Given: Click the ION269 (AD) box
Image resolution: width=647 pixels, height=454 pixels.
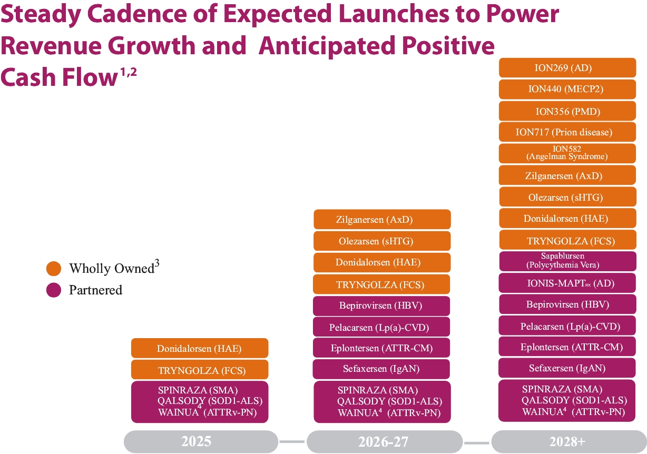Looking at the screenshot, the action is pyautogui.click(x=567, y=68).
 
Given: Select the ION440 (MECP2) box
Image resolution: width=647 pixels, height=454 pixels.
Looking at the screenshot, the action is pyautogui.click(x=567, y=90).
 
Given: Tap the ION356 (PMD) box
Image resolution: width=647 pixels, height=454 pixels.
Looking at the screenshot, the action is pyautogui.click(x=567, y=111).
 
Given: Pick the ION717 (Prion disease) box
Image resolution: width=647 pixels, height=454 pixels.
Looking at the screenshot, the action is pyautogui.click(x=567, y=132).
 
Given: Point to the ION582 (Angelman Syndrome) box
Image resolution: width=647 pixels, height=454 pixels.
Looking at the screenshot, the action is pyautogui.click(x=567, y=153).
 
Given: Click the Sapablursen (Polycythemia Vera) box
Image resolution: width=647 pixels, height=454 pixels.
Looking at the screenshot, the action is pyautogui.click(x=567, y=261).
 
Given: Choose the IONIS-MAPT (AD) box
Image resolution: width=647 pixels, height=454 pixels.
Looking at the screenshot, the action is pyautogui.click(x=567, y=283).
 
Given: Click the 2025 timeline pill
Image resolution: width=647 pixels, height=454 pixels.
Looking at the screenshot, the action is pyautogui.click(x=201, y=441).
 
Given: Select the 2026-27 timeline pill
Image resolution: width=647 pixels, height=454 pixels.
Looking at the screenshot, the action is pyautogui.click(x=383, y=441).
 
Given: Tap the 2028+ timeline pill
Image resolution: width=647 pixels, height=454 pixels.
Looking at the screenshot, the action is pyautogui.click(x=568, y=441).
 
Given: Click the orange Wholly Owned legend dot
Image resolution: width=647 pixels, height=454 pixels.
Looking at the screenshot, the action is pyautogui.click(x=54, y=269).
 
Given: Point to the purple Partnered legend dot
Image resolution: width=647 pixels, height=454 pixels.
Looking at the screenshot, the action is pyautogui.click(x=54, y=290).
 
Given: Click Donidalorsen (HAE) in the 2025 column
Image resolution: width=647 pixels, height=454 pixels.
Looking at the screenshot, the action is pyautogui.click(x=200, y=348).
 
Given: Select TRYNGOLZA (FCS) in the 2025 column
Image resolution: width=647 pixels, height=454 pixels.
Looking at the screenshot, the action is pyautogui.click(x=200, y=370).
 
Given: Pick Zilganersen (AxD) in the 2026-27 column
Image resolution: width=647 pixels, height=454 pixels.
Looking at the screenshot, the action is pyautogui.click(x=382, y=220).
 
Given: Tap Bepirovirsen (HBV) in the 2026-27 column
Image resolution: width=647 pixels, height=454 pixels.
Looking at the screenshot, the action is pyautogui.click(x=382, y=305).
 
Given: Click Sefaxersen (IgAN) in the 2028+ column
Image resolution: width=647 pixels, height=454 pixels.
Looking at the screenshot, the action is pyautogui.click(x=567, y=368).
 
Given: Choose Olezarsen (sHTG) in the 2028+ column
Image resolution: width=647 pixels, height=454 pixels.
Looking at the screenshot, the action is pyautogui.click(x=567, y=198).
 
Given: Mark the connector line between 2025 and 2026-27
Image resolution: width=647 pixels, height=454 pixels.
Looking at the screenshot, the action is pyautogui.click(x=292, y=441).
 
